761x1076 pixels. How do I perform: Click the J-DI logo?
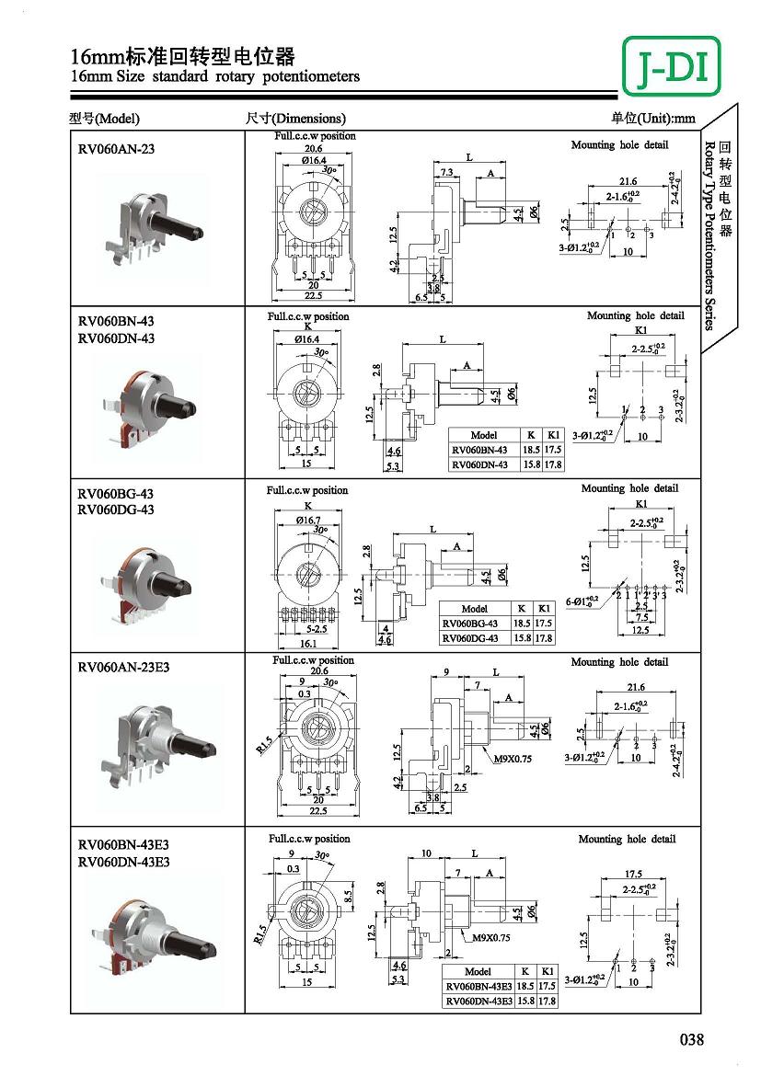pyautogui.click(x=671, y=66)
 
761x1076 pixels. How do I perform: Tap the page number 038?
pyautogui.click(x=691, y=1040)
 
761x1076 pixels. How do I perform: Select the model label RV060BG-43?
pyautogui.click(x=115, y=494)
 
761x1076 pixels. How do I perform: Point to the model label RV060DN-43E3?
pyautogui.click(x=123, y=862)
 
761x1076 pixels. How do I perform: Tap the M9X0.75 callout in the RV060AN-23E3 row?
pyautogui.click(x=513, y=759)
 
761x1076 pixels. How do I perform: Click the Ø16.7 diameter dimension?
pyautogui.click(x=308, y=520)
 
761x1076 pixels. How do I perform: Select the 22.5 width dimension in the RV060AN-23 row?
pyautogui.click(x=315, y=295)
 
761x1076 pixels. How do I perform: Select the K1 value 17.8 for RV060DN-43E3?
pyautogui.click(x=548, y=1001)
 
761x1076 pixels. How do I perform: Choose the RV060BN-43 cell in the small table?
pyautogui.click(x=479, y=451)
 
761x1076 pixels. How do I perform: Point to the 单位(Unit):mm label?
pyautogui.click(x=653, y=118)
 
